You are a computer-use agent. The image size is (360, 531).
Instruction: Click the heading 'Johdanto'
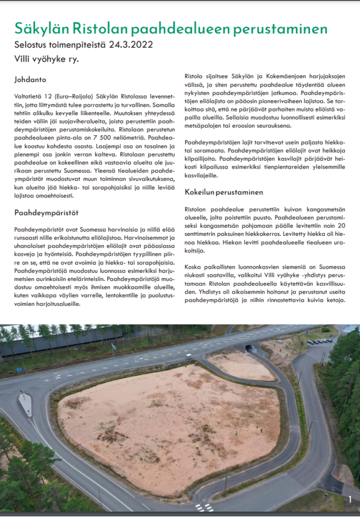31,80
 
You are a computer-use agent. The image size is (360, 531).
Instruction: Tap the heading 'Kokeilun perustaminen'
224,192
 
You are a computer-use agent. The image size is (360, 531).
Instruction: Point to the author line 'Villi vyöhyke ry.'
46,59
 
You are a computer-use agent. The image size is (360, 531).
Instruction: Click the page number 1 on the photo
351,499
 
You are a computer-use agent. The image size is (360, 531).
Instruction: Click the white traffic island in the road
25,404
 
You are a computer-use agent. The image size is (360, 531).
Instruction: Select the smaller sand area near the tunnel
241,366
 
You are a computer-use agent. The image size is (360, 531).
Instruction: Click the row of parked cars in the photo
320,341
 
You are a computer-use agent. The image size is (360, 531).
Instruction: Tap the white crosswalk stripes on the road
204,507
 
